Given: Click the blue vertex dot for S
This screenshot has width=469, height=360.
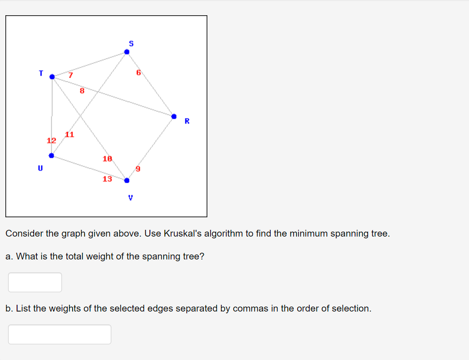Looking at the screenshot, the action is click(127, 52).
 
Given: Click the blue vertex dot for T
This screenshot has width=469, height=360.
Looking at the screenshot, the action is click(52, 77).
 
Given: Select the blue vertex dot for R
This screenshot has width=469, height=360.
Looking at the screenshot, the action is click(174, 116).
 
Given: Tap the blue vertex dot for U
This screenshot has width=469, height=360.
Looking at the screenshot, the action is click(52, 156).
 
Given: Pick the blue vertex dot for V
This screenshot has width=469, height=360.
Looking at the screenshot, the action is click(127, 180).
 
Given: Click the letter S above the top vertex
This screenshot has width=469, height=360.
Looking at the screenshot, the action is click(131, 44).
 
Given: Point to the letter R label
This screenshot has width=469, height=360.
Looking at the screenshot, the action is click(187, 121).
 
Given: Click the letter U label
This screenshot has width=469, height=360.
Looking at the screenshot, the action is click(40, 168).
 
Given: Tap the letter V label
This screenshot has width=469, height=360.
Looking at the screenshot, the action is click(131, 198).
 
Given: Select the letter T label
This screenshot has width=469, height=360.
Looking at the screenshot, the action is click(41, 73).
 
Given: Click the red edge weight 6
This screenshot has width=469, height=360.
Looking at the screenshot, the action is click(139, 72).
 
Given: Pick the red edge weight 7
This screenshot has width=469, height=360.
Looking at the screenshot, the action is click(70, 75).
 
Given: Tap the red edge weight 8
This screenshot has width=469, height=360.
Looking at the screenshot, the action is click(82, 91).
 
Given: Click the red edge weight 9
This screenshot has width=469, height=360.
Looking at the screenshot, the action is click(138, 169).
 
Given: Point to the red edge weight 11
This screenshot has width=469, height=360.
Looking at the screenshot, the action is click(70, 135).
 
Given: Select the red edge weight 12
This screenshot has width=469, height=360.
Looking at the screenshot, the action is click(52, 140).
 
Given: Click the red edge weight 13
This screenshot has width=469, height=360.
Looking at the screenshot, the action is click(107, 179).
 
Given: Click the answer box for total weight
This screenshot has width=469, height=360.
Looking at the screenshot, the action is click(35, 282).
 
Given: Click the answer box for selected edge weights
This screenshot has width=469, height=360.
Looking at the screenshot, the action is click(60, 334).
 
